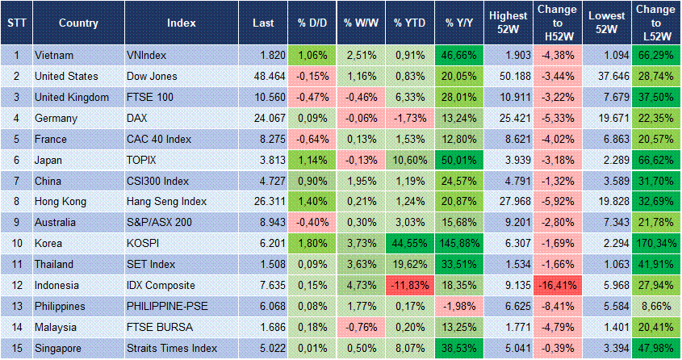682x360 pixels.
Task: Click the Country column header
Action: point(78,23)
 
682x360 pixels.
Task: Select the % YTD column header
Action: point(410,23)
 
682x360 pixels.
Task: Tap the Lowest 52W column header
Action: point(605,23)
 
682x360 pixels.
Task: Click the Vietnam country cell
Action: point(55,55)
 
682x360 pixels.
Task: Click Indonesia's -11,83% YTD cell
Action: point(411,285)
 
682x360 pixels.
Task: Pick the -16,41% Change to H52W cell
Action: point(557,285)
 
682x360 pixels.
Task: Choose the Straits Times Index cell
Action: point(173,348)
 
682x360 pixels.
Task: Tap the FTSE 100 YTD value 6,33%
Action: point(411,97)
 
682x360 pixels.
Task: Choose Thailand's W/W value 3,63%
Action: point(361,264)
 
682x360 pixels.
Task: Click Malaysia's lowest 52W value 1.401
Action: point(605,327)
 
